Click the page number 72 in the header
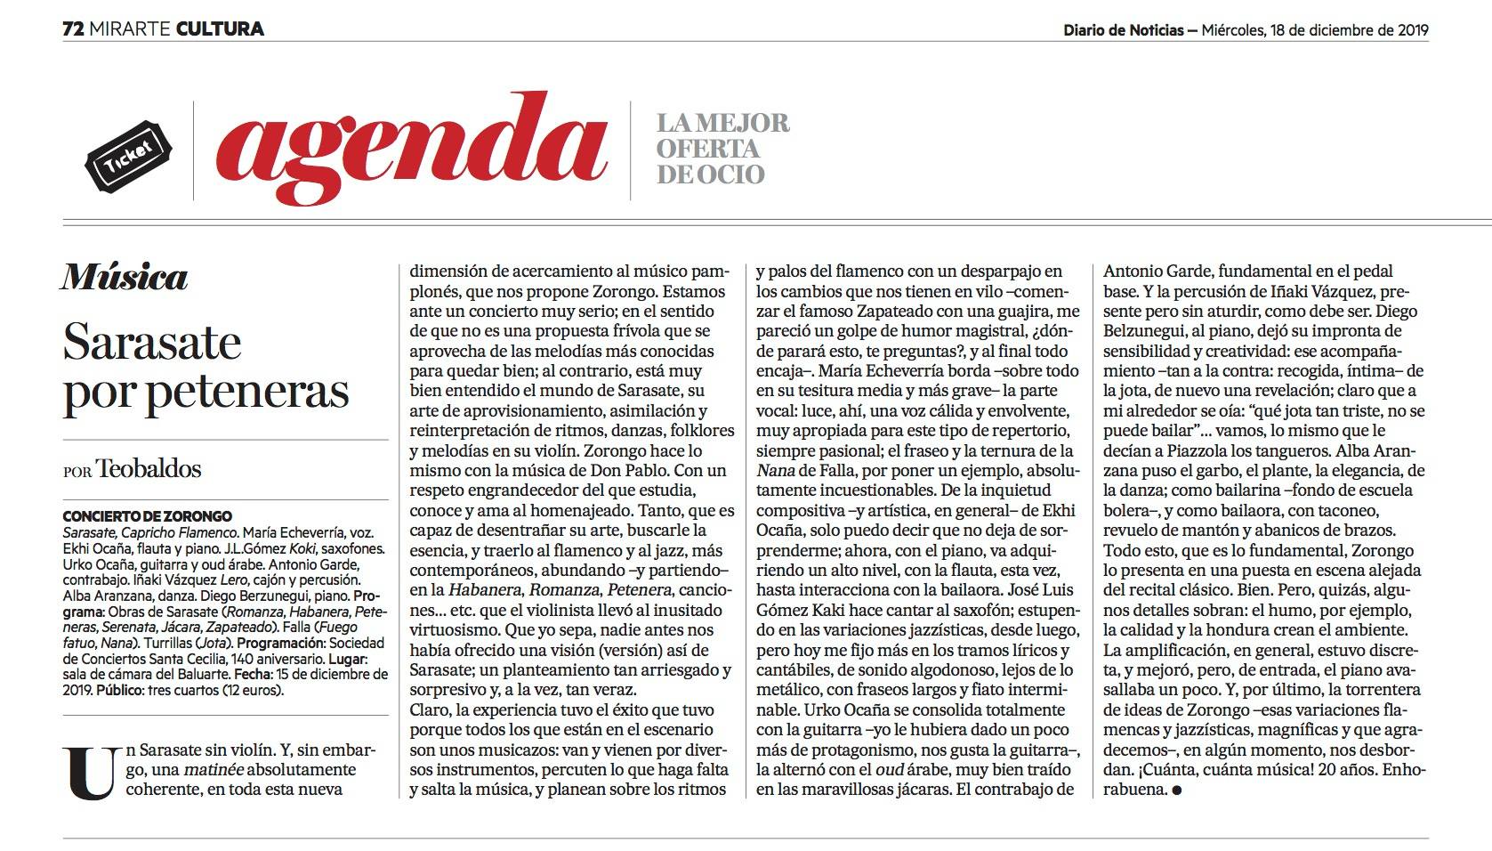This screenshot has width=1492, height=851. click(73, 28)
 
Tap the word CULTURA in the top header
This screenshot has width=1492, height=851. click(220, 28)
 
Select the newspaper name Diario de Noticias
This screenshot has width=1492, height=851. click(1123, 29)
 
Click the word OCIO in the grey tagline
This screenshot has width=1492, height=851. click(735, 174)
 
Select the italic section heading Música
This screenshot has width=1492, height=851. click(125, 278)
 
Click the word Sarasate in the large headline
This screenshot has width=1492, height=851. click(152, 343)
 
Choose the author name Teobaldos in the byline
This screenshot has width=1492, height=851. click(149, 468)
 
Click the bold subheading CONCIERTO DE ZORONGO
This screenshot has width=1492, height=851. click(147, 516)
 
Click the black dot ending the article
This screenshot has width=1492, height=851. click(1178, 790)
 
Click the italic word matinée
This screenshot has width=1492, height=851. click(214, 770)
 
